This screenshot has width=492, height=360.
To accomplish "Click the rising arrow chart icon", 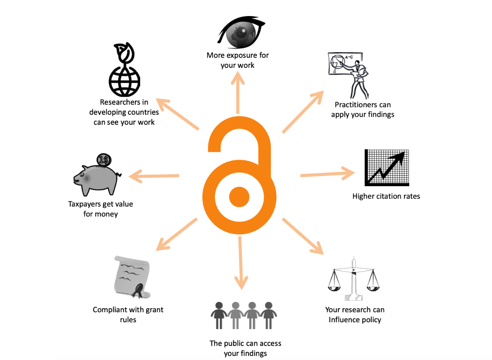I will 386,167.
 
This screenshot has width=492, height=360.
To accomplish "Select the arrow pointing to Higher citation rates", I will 327,174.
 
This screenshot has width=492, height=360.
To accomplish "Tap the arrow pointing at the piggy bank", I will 154,175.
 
